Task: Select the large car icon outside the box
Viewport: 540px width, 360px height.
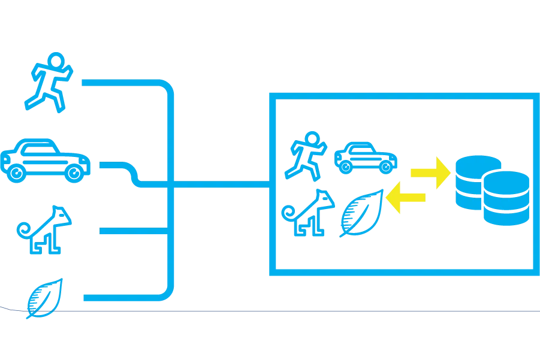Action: coord(46,159)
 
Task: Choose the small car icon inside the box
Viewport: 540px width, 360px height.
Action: coord(365,158)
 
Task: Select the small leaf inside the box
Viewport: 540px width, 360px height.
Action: coord(361,212)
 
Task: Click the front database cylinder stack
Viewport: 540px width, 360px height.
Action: coord(506,198)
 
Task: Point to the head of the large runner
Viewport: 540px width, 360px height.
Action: coord(56,59)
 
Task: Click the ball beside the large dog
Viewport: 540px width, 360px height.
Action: coord(23,228)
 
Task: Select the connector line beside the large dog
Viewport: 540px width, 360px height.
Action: coord(129,230)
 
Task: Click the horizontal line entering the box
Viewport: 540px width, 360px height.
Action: coord(222,186)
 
